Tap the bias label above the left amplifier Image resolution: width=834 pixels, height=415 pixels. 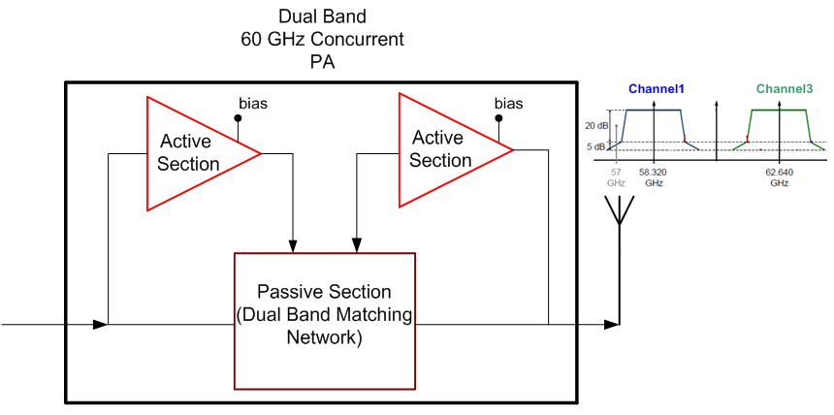[254, 103]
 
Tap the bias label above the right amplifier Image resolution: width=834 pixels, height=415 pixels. [508, 103]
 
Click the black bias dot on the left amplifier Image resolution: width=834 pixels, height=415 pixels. [238, 119]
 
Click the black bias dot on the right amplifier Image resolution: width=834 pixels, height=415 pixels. [498, 118]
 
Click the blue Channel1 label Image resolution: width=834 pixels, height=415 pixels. [657, 89]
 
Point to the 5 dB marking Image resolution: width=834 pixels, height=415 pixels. [598, 146]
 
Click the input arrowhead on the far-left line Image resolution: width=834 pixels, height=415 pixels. [100, 323]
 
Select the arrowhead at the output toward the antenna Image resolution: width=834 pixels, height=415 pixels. [611, 323]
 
